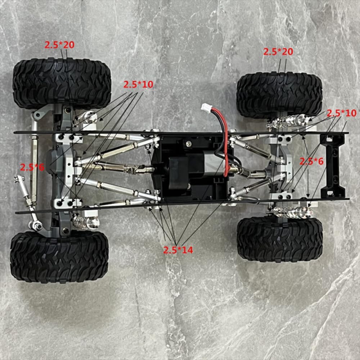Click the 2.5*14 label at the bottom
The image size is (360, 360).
coord(178,250)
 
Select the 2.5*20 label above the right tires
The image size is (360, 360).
coord(278,51)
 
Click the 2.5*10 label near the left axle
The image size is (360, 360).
coord(138,85)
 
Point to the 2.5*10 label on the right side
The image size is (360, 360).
coord(341,113)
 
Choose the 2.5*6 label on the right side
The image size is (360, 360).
coord(312,161)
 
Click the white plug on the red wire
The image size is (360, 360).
coord(206,107)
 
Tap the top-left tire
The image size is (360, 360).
coord(62,84)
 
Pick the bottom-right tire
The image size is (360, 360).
coord(280,238)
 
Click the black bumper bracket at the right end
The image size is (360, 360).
coord(333,166)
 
